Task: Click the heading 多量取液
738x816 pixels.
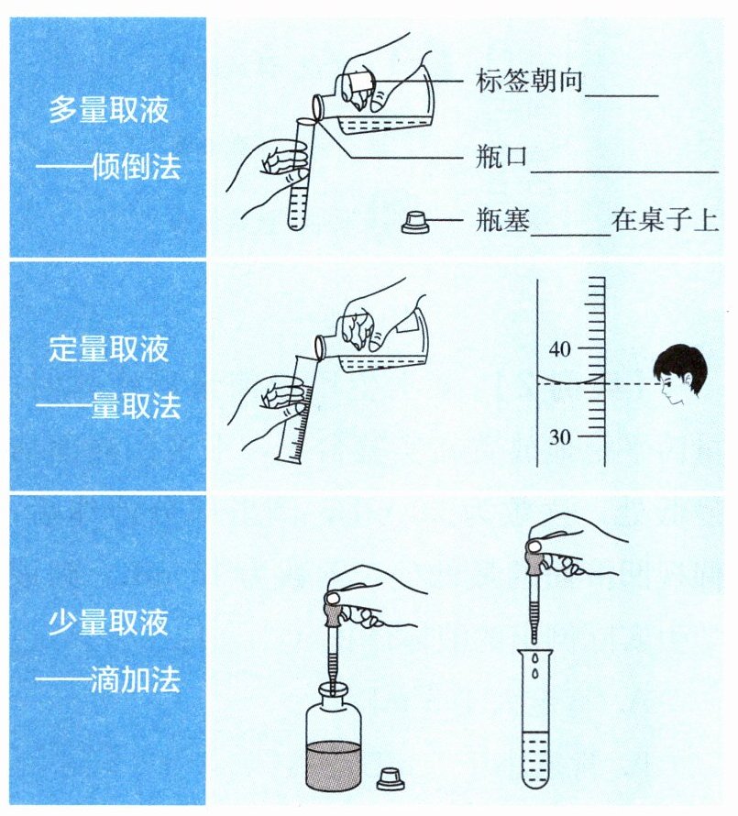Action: pos(109,110)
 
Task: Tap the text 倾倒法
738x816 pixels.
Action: pos(137,167)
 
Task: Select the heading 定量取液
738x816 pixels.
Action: pos(109,348)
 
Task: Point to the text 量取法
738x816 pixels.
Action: pos(137,405)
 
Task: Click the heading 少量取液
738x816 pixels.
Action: pos(109,622)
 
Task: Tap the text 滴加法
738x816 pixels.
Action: pos(136,679)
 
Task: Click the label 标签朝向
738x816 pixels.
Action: pos(529,82)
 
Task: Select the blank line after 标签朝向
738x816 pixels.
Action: pos(622,95)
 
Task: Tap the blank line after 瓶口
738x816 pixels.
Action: pos(624,171)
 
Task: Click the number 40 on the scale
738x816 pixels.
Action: pos(559,349)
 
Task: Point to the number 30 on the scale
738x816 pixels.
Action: pos(559,436)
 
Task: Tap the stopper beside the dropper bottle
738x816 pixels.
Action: pos(391,778)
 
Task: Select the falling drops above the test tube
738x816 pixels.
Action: pos(535,667)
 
